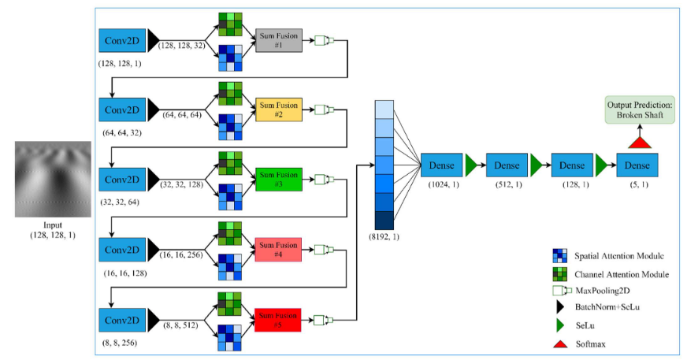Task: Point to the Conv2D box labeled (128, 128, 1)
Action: [121, 39]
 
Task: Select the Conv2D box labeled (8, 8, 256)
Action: [121, 320]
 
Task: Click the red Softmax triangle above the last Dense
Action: [637, 141]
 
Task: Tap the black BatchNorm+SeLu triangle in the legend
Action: [559, 306]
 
